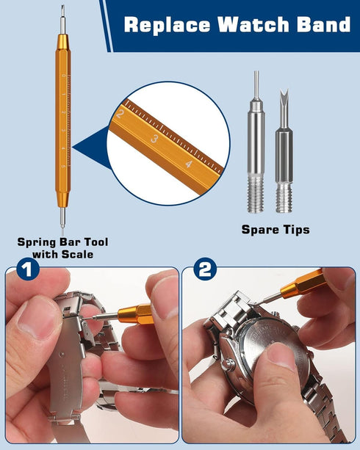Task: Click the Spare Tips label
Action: point(276,230)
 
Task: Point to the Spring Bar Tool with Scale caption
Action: point(56,248)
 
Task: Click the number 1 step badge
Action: point(27,271)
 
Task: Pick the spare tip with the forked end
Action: point(284,147)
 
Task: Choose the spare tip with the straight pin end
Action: point(256,139)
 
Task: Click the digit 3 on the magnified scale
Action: point(155,139)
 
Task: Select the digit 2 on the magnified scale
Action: point(120,114)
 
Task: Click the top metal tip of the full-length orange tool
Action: point(62,18)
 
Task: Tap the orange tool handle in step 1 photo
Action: point(136,315)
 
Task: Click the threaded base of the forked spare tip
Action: point(284,197)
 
